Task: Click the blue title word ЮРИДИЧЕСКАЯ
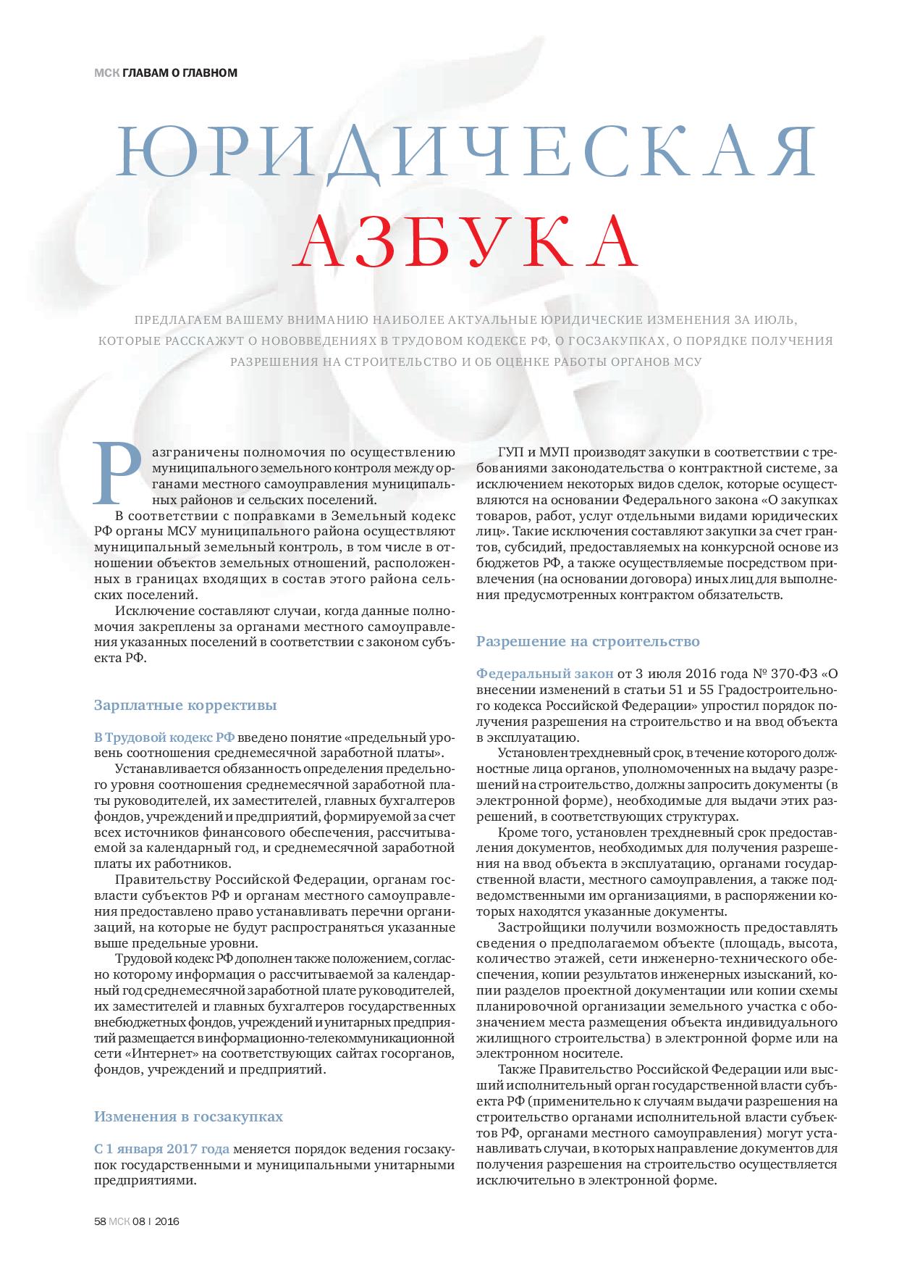[467, 154]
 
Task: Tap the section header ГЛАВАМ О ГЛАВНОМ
[180, 72]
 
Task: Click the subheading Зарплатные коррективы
[185, 705]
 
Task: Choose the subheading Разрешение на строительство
[588, 641]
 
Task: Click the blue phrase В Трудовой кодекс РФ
[164, 737]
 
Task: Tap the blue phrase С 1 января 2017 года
[162, 1149]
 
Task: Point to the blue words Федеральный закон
[544, 674]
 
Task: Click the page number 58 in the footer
[100, 1221]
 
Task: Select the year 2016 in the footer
[167, 1221]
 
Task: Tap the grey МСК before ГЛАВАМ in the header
[106, 72]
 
